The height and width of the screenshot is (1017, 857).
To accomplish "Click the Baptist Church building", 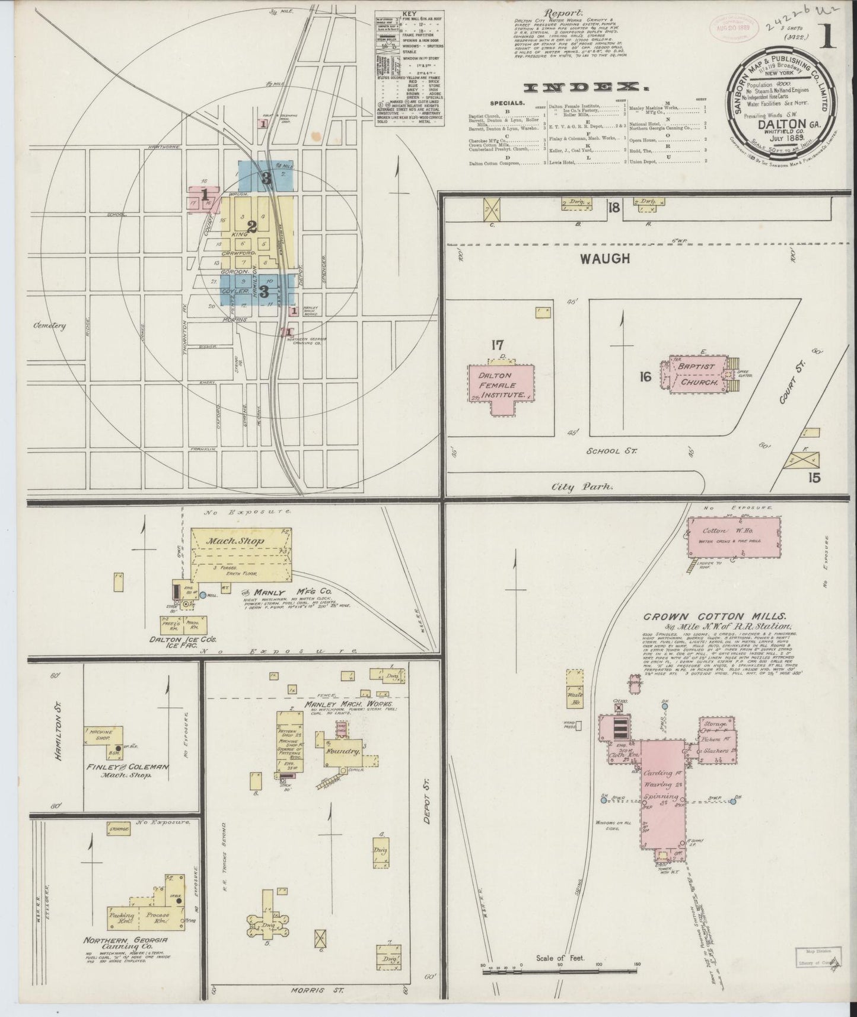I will pos(697,375).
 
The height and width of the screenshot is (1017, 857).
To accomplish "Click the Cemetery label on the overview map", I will pos(49,325).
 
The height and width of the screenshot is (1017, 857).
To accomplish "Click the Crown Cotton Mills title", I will pos(715,616).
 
